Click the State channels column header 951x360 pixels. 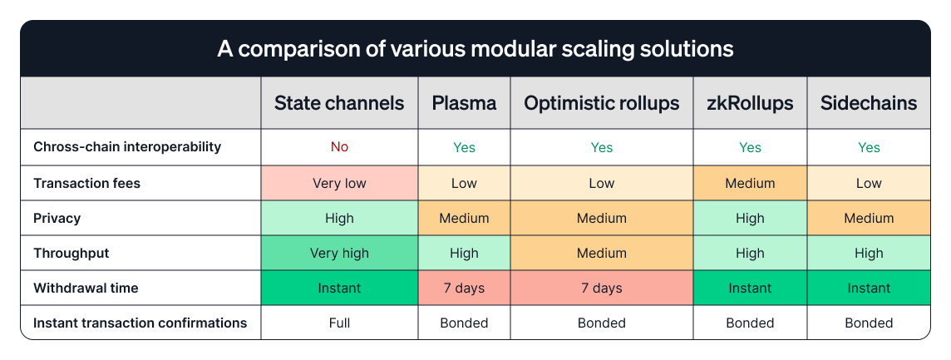tap(339, 103)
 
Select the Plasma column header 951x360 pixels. tap(464, 103)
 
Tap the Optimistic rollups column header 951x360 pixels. tap(601, 103)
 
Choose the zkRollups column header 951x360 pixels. tap(750, 103)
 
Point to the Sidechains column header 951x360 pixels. tap(869, 103)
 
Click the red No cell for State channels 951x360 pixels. tap(339, 147)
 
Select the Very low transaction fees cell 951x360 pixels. tap(339, 183)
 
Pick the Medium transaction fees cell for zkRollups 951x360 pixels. tap(750, 183)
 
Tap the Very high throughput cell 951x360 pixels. tap(339, 253)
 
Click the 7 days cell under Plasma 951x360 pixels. tap(464, 288)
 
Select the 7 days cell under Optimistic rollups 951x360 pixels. tap(601, 288)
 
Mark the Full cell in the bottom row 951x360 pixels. tap(339, 323)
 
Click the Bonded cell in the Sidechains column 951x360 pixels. tap(869, 323)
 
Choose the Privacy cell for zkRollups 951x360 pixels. tap(750, 218)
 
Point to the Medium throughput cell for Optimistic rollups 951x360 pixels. tap(601, 253)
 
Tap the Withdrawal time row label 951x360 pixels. tap(86, 288)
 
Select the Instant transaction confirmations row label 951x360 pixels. tap(140, 323)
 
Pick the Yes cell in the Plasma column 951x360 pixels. tap(464, 147)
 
